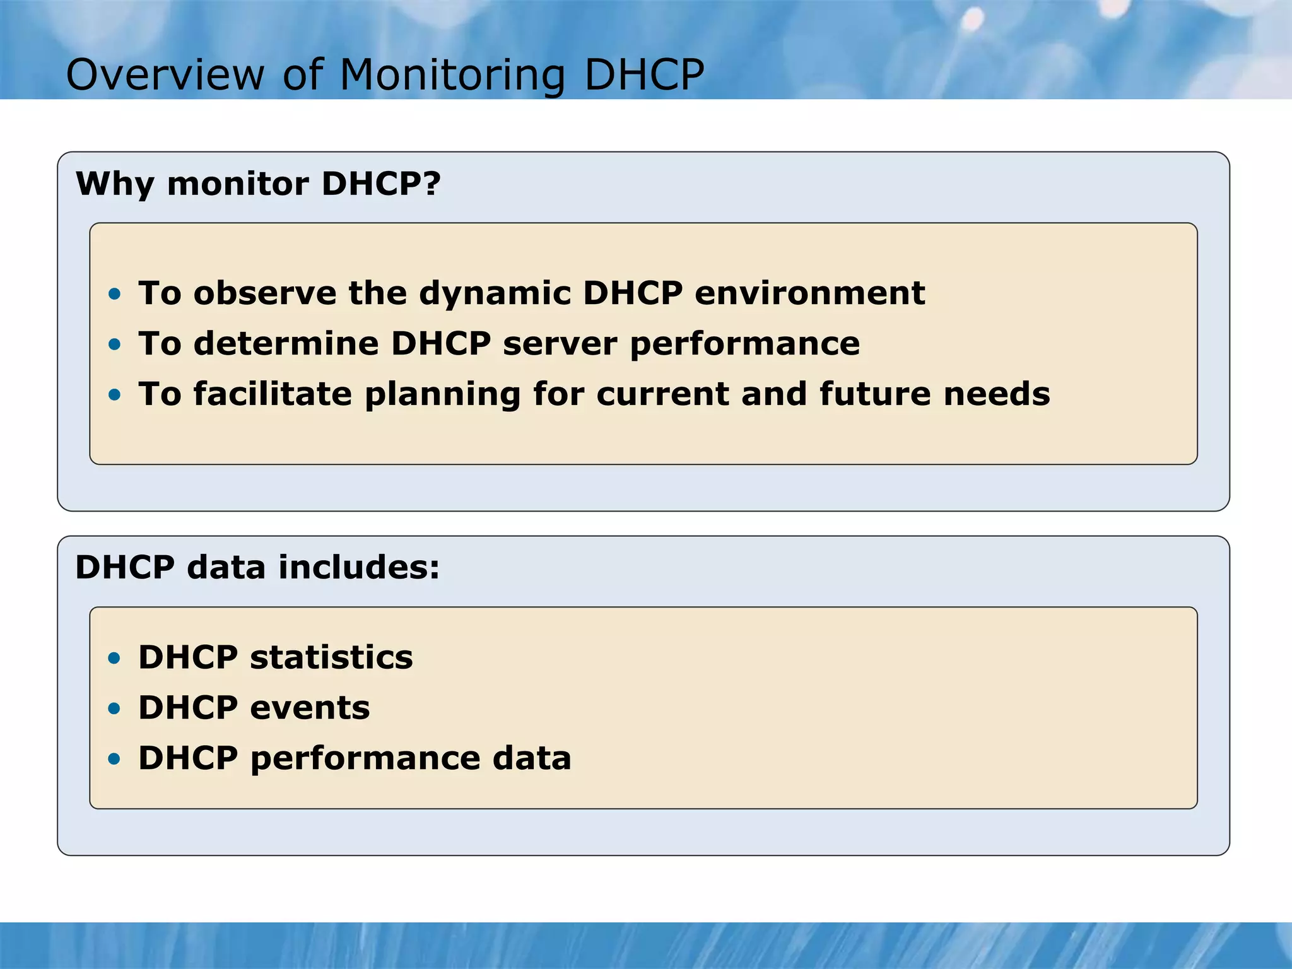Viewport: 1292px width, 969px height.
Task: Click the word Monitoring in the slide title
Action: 452,76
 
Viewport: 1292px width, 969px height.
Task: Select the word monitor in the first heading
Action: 238,184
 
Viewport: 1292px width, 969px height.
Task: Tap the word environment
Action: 809,293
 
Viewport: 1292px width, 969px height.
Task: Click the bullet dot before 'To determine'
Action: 114,344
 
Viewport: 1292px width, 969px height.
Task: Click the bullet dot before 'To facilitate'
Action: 114,394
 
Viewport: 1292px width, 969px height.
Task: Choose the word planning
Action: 442,395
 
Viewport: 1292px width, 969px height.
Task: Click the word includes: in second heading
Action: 358,567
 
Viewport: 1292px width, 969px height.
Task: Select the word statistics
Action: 331,657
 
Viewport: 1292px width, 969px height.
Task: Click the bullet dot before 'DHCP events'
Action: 114,708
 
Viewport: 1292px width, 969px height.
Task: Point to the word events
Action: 310,708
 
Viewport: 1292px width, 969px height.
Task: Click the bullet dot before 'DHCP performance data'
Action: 114,759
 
